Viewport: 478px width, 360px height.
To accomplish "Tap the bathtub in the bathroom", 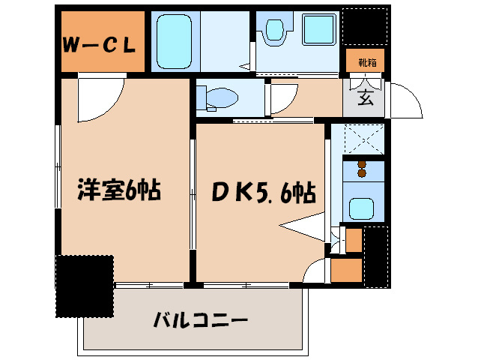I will pos(175,41).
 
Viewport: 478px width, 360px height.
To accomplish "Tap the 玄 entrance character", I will pos(365,97).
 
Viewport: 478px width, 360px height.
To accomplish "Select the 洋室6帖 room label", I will pos(120,190).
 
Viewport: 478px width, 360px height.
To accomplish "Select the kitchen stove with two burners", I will pos(363,169).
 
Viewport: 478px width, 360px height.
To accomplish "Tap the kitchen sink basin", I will pos(363,207).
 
